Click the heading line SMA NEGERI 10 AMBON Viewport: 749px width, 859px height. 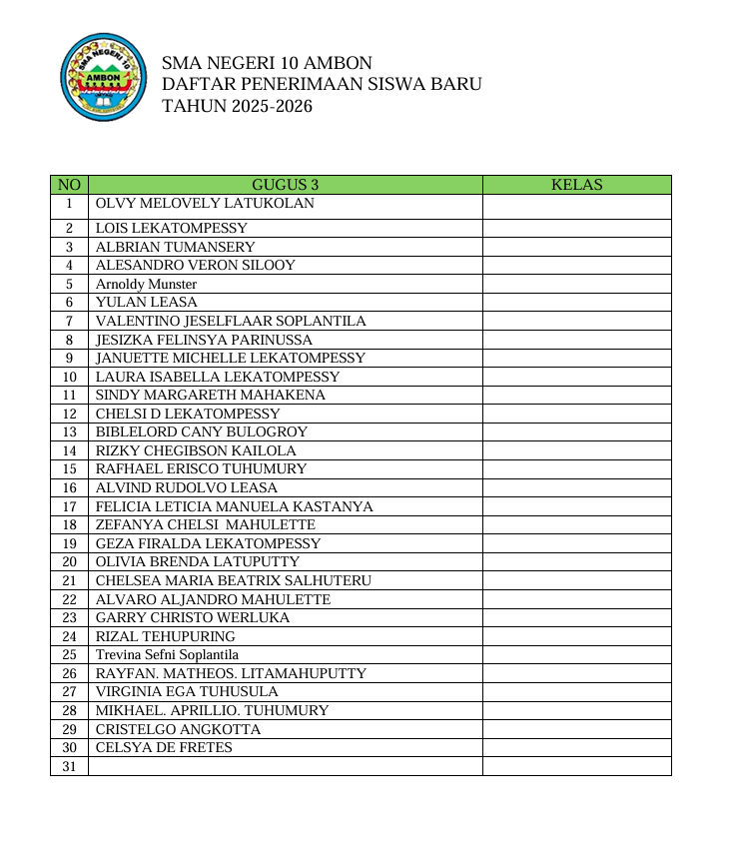267,63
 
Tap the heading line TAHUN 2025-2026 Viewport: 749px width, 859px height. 237,106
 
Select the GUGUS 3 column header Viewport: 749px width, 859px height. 285,185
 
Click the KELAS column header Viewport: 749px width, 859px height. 576,185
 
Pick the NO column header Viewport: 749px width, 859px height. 69,185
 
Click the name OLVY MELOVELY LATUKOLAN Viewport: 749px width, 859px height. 205,204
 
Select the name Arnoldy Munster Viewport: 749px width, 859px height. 146,284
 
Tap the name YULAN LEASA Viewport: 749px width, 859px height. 147,302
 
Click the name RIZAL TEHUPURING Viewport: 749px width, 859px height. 166,636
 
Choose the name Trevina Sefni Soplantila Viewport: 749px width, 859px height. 167,655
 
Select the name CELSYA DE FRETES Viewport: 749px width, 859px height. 164,747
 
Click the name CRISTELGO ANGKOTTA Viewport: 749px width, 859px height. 178,729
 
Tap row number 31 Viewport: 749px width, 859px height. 69,766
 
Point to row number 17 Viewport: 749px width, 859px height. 69,506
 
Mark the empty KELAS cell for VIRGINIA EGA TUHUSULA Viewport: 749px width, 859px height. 576,691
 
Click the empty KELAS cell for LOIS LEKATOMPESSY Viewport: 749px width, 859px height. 576,228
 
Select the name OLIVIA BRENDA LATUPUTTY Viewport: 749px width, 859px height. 197,561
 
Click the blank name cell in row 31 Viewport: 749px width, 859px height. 285,766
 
